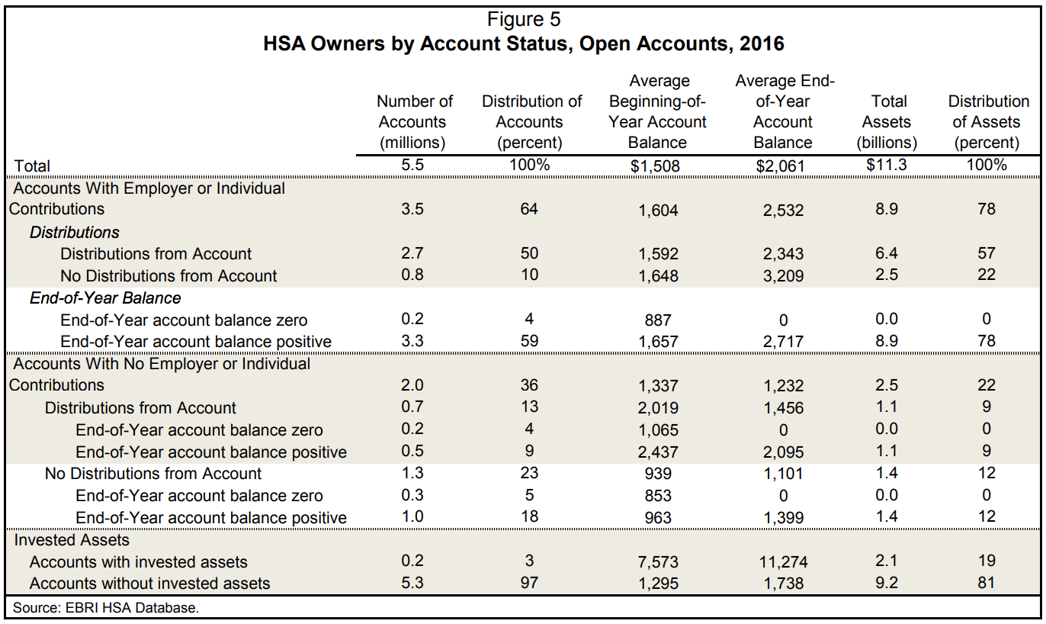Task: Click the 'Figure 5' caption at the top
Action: [523, 19]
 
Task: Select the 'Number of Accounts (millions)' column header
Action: [414, 122]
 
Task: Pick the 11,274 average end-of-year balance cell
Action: [783, 563]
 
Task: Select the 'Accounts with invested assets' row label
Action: [139, 562]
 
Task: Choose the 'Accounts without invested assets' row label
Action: [149, 584]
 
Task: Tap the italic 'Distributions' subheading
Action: [75, 232]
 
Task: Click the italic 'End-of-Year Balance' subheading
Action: [105, 298]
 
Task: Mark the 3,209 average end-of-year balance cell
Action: [783, 276]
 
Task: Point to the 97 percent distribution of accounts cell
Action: [529, 584]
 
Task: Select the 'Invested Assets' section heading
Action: [72, 540]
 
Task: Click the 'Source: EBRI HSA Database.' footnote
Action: [107, 608]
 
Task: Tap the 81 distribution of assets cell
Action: [987, 584]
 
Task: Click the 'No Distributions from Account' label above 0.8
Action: [168, 276]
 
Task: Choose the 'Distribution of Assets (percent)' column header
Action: [988, 122]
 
